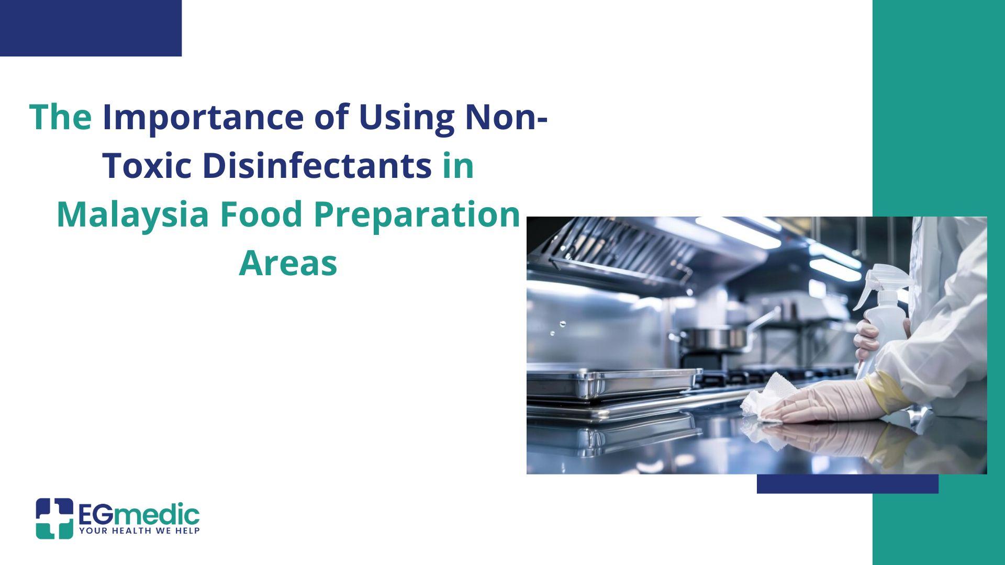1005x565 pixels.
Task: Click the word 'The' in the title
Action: pyautogui.click(x=60, y=117)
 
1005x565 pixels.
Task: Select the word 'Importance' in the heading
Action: pyautogui.click(x=203, y=118)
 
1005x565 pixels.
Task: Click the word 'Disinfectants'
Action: pyautogui.click(x=317, y=165)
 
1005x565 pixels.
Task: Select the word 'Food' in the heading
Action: pyautogui.click(x=261, y=214)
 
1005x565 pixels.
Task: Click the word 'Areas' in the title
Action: pyautogui.click(x=288, y=263)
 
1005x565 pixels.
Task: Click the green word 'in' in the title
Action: pyautogui.click(x=459, y=165)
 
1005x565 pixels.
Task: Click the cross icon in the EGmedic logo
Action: pyautogui.click(x=54, y=518)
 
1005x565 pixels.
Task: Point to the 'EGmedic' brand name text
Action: pyautogui.click(x=139, y=515)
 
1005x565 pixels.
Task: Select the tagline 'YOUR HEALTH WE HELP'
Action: pyautogui.click(x=139, y=531)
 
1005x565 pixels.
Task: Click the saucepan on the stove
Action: pyautogui.click(x=717, y=337)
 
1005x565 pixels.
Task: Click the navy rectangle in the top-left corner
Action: pyautogui.click(x=91, y=28)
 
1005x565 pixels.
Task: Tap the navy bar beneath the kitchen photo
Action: pyautogui.click(x=847, y=484)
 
